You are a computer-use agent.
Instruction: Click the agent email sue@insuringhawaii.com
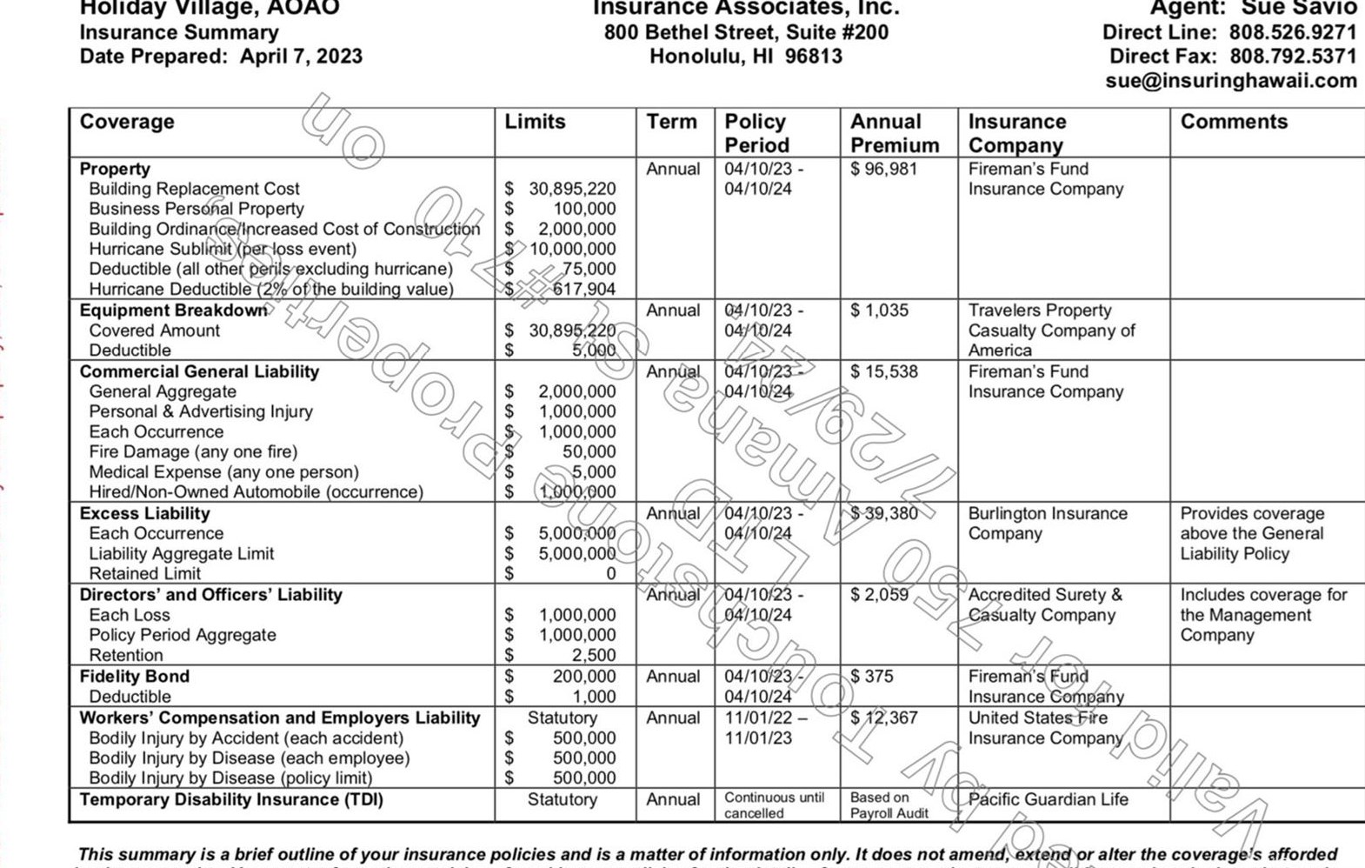tap(1230, 81)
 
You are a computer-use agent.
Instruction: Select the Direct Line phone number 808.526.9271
tap(1292, 33)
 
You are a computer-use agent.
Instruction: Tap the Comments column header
tap(1233, 122)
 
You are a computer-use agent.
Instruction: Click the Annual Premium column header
tap(894, 133)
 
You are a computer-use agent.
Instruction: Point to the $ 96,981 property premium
tap(883, 169)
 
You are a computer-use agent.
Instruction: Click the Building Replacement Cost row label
tap(194, 189)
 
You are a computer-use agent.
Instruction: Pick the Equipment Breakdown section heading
tap(173, 310)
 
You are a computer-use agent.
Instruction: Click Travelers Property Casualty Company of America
tap(1051, 331)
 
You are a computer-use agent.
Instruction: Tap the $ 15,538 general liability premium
tap(883, 371)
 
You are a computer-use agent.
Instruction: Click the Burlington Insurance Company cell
tap(1047, 524)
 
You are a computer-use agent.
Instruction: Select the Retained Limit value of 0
tap(610, 574)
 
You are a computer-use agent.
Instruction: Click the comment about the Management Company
tap(1262, 615)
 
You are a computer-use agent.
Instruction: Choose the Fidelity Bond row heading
tap(134, 677)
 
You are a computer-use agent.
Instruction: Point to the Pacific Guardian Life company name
tap(1048, 799)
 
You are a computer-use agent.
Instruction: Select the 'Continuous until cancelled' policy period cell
tap(773, 805)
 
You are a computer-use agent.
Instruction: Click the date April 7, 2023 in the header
tap(301, 57)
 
